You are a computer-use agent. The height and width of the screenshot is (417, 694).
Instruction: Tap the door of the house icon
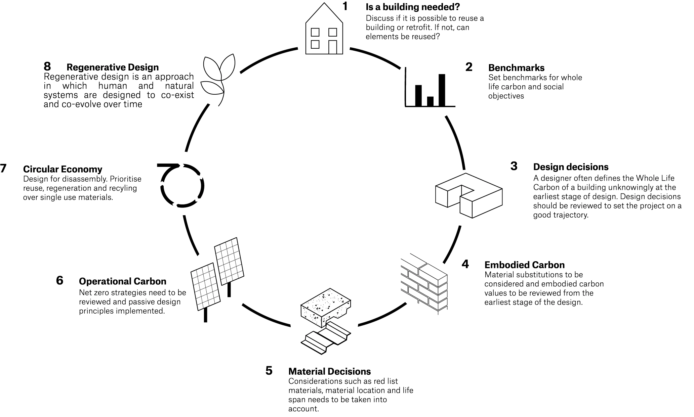click(x=332, y=47)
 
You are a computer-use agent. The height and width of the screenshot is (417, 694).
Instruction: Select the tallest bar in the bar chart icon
click(x=442, y=90)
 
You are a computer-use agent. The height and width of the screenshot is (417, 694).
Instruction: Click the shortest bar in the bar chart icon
click(x=430, y=101)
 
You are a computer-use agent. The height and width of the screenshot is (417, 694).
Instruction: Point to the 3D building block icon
click(x=468, y=195)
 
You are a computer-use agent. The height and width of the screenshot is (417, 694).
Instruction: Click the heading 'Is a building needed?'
click(x=413, y=7)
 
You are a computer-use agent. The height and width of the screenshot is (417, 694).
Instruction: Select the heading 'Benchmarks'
click(x=516, y=68)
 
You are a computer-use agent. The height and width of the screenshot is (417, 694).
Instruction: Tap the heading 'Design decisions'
click(x=571, y=167)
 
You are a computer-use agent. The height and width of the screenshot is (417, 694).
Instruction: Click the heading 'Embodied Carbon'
click(x=524, y=265)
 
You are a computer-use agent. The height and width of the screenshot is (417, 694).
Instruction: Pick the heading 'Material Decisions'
click(x=329, y=371)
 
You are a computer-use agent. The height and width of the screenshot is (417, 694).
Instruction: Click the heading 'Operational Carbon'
click(x=122, y=281)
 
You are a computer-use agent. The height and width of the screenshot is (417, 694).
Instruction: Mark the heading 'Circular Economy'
click(x=63, y=169)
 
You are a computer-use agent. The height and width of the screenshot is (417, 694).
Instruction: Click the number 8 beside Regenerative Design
click(x=47, y=66)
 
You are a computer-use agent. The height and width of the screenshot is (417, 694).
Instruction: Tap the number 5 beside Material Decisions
click(x=269, y=371)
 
